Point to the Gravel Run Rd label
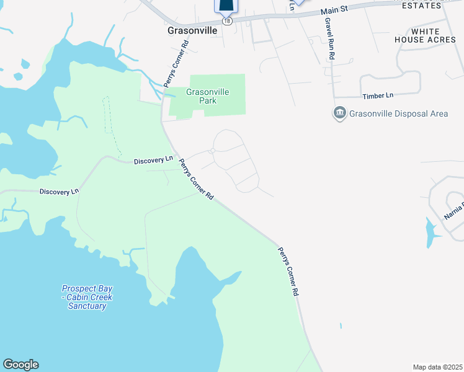(330, 39)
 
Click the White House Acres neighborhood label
(426, 35)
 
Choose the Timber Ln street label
(378, 96)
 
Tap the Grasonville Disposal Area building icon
(339, 113)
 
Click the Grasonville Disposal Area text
(398, 114)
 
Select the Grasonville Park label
(208, 96)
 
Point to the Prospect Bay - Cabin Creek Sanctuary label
(87, 297)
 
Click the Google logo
(20, 365)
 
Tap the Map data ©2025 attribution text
(437, 367)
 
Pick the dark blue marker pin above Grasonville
(226, 7)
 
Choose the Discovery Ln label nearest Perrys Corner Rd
(153, 161)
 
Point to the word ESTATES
(422, 6)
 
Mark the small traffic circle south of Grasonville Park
(212, 151)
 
